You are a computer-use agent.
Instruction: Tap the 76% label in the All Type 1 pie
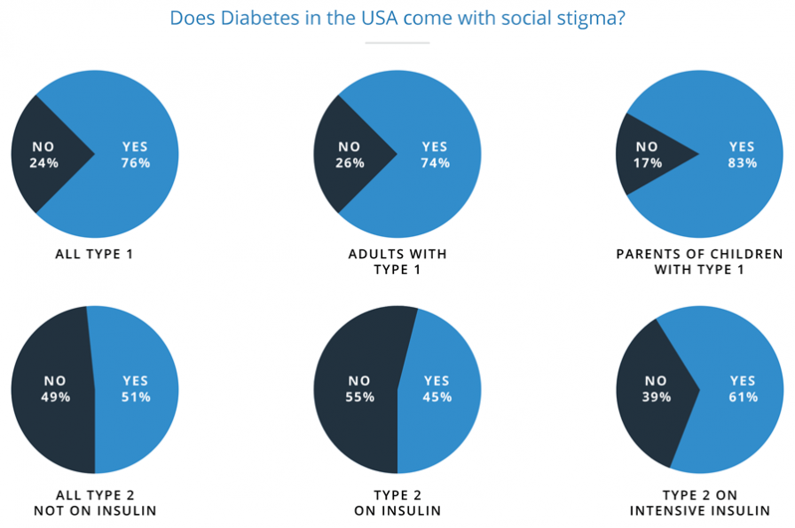[x=136, y=163]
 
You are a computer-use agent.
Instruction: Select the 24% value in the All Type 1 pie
[x=44, y=163]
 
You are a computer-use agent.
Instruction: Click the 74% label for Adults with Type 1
[x=436, y=163]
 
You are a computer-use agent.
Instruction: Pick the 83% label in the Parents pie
[x=742, y=163]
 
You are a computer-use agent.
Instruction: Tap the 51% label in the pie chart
[x=136, y=397]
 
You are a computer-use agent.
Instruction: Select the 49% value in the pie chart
[x=55, y=397]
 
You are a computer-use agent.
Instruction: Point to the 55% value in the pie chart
[x=359, y=397]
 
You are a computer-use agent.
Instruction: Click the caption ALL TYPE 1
[x=94, y=255]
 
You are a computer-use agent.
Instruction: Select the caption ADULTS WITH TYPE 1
[x=397, y=262]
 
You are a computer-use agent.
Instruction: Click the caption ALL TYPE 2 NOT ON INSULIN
[x=95, y=502]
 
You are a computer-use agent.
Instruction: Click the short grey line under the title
[x=397, y=43]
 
